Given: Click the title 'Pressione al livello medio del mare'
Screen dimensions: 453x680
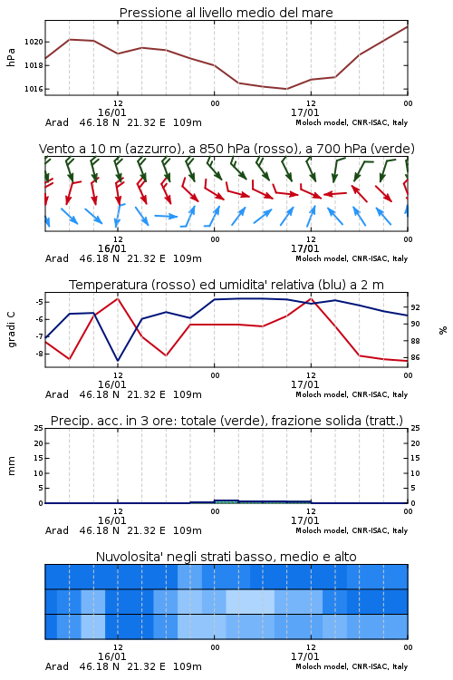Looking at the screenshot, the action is click(x=226, y=13).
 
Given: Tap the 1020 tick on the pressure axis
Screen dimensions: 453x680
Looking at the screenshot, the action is click(x=34, y=42).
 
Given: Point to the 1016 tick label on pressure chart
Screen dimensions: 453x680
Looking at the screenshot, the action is click(x=34, y=89).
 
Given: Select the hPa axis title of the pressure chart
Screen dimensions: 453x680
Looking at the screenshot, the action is click(x=11, y=57).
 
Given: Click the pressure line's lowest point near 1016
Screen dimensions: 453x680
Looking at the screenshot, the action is click(x=286, y=89).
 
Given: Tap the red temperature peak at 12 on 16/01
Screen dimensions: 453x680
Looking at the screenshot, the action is click(x=118, y=298).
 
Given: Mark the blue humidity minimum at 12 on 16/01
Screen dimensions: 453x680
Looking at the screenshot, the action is click(x=118, y=360).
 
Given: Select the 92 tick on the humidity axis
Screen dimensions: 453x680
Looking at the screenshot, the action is click(x=415, y=307).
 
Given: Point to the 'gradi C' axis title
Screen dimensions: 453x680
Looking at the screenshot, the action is click(x=12, y=329).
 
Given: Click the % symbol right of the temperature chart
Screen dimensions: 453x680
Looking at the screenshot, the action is click(x=443, y=330).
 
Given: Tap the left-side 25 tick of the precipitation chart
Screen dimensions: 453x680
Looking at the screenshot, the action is click(x=39, y=428).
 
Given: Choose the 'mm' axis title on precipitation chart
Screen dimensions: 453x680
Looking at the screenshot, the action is click(x=12, y=466).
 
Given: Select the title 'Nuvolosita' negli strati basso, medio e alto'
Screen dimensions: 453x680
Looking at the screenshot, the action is click(x=226, y=557).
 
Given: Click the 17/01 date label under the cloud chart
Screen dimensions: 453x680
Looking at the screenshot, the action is click(x=304, y=656).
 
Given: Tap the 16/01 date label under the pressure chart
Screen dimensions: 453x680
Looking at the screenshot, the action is click(x=111, y=112).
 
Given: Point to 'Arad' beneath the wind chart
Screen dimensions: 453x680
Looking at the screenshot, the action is click(x=57, y=258).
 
